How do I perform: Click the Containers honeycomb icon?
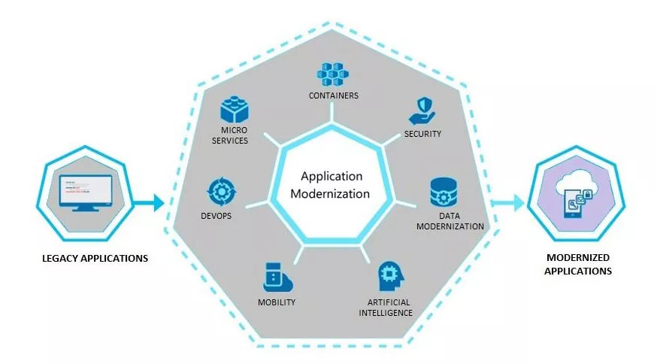click(x=333, y=74)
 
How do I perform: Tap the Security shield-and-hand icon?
click(x=422, y=111)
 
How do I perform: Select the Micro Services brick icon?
click(x=235, y=109)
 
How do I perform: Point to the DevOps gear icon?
click(x=222, y=192)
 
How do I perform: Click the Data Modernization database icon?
click(x=444, y=193)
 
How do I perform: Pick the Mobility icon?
click(x=277, y=278)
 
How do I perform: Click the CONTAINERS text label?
click(x=334, y=96)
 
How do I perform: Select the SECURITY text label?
click(x=422, y=134)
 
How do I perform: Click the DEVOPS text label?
click(x=216, y=216)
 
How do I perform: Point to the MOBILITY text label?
click(x=277, y=302)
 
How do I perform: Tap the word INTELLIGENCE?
click(x=386, y=313)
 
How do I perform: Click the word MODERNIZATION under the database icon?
click(x=450, y=226)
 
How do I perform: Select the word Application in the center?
click(x=332, y=177)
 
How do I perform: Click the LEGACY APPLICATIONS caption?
click(x=95, y=258)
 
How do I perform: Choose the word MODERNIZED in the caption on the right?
click(x=578, y=257)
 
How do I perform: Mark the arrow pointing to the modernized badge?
click(x=507, y=203)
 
